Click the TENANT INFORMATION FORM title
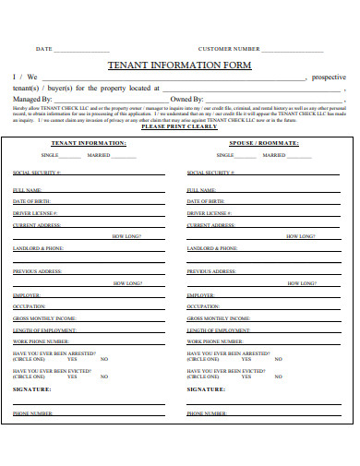[x=180, y=66]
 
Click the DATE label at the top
[x=43, y=48]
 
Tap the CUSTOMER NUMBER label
[x=229, y=48]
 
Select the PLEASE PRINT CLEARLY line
[x=180, y=126]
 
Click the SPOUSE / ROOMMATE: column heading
[x=263, y=144]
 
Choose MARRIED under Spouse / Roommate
[x=274, y=156]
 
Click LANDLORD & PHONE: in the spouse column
[x=213, y=248]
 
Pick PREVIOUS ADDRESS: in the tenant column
[x=38, y=271]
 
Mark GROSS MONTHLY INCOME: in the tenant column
[x=44, y=317]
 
